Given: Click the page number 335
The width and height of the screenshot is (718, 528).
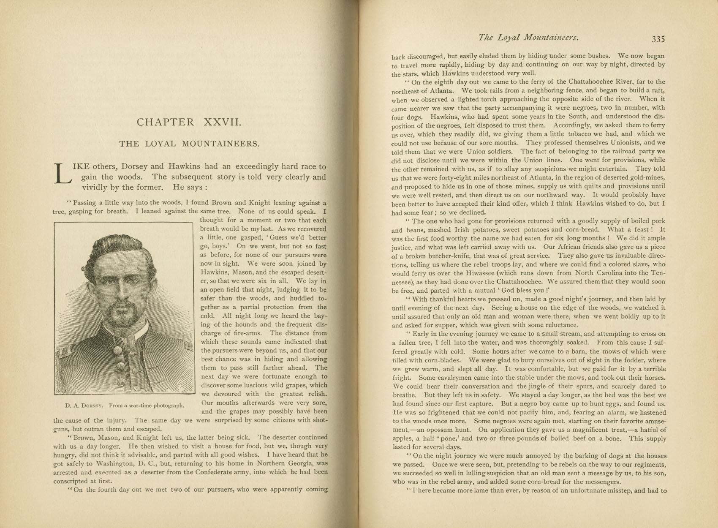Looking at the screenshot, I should point(658,39).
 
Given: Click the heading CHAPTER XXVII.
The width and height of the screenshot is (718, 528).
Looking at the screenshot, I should point(189,122).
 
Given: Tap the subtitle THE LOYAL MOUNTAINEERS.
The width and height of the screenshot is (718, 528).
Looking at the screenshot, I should point(189,144).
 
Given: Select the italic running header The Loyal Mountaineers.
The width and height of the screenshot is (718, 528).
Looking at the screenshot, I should point(528,38).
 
